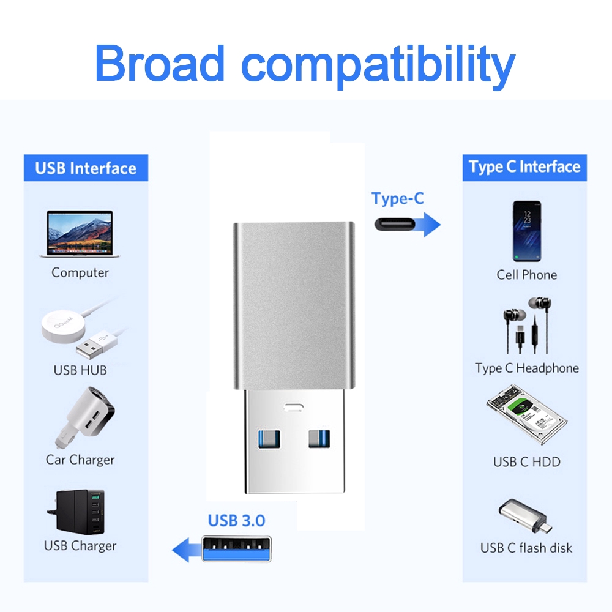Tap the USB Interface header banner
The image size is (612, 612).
(86, 168)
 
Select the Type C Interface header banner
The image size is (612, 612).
(524, 167)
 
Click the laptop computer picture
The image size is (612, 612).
(80, 234)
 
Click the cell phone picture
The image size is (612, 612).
(526, 231)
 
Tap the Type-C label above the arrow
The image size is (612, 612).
(397, 199)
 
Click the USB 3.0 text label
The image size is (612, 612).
(236, 521)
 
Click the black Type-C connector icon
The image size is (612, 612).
(397, 224)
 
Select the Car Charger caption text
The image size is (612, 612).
(80, 460)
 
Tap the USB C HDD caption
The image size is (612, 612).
(526, 462)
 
